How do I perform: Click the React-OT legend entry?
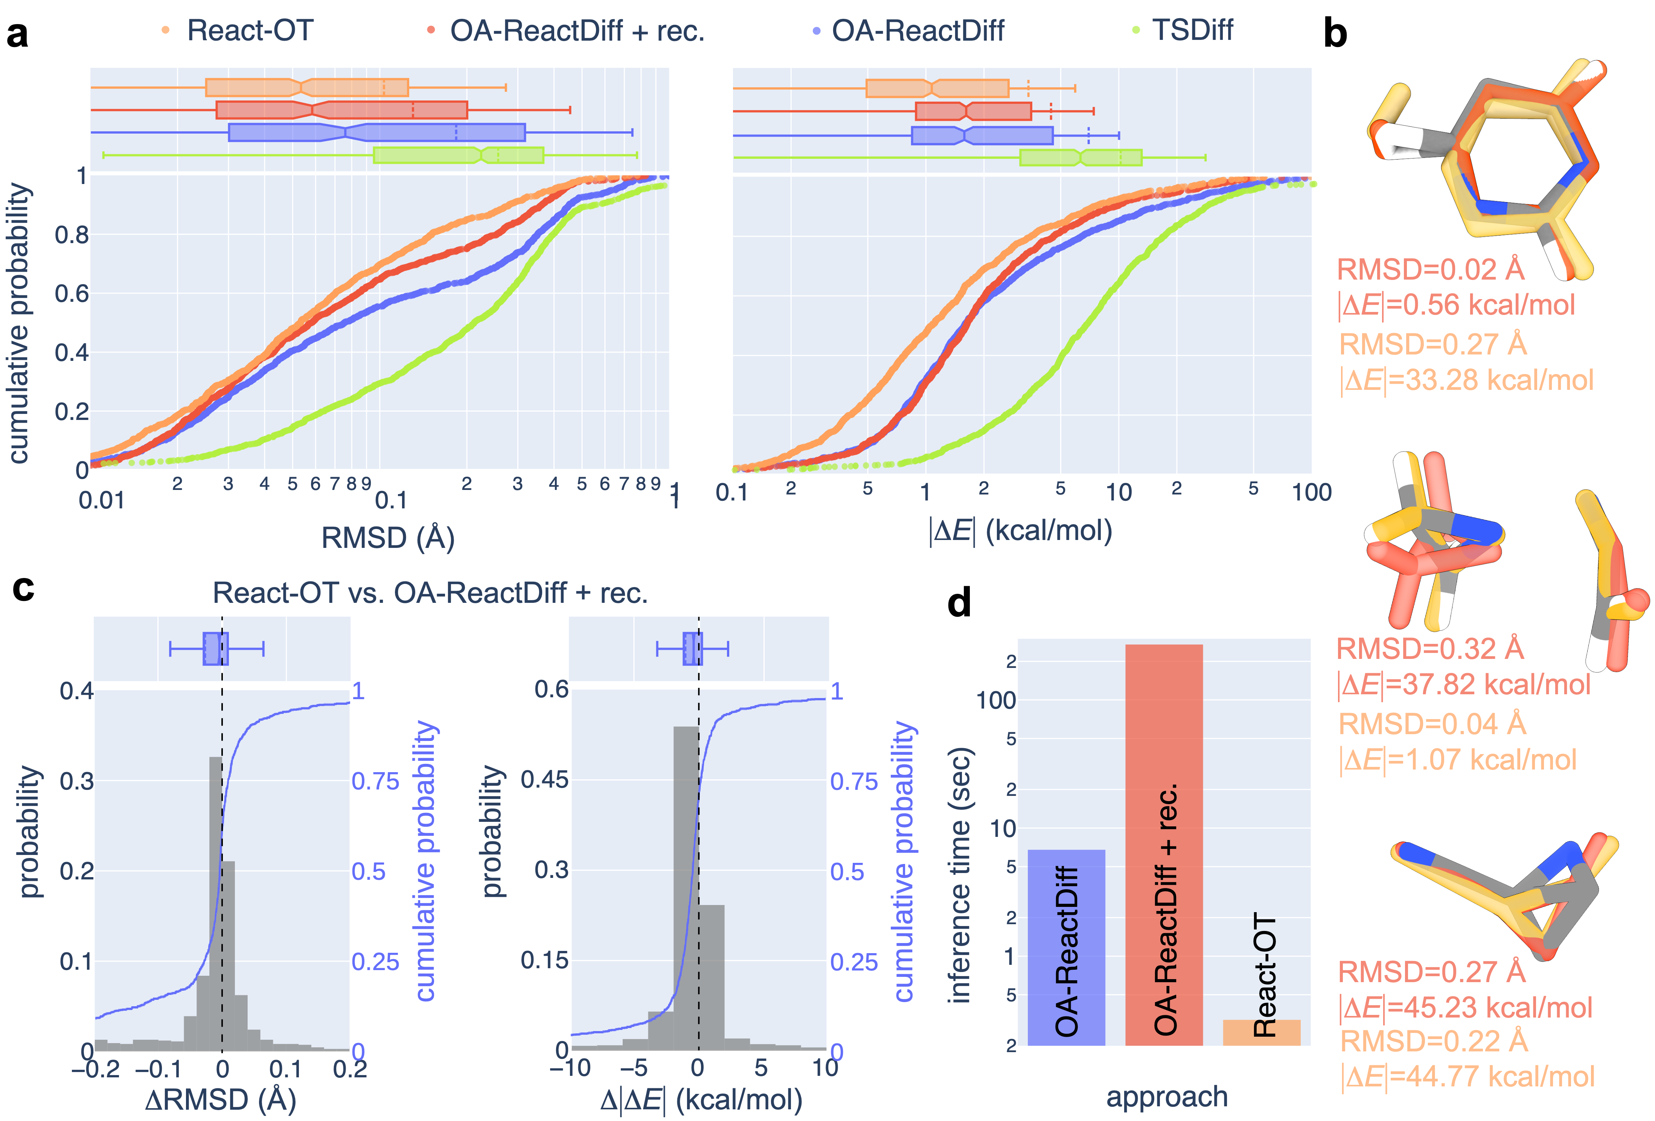[249, 30]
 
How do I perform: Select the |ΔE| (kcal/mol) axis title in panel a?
[1020, 531]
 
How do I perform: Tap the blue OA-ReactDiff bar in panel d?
[1066, 947]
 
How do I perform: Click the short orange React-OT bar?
[1261, 1032]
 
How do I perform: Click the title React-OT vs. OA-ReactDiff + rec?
[430, 593]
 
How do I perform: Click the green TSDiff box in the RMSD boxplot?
[458, 155]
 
